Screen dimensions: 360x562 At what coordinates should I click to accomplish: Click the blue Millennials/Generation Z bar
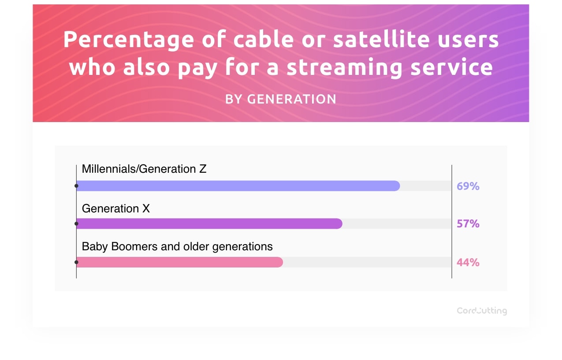(238, 186)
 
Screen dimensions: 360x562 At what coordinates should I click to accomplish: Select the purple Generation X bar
(209, 224)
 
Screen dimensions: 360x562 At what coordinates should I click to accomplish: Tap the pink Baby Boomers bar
(179, 262)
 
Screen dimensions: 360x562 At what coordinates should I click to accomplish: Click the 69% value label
(468, 186)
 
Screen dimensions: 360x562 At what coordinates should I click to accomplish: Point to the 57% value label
(468, 224)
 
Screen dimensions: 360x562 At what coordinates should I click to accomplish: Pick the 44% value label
(468, 263)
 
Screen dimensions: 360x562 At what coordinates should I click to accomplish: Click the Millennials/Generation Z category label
(144, 169)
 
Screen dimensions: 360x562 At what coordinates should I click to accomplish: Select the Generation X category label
(116, 208)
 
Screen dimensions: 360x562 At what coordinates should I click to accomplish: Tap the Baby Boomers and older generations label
(177, 246)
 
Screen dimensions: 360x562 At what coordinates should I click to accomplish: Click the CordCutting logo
(481, 311)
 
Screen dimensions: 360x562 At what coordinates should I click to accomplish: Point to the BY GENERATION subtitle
(281, 99)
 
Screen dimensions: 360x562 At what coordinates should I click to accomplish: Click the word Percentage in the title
(128, 40)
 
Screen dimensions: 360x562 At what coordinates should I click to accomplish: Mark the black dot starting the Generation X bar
(76, 224)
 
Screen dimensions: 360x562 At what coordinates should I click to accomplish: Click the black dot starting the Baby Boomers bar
(76, 262)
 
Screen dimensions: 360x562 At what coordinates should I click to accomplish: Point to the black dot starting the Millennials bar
(76, 186)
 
